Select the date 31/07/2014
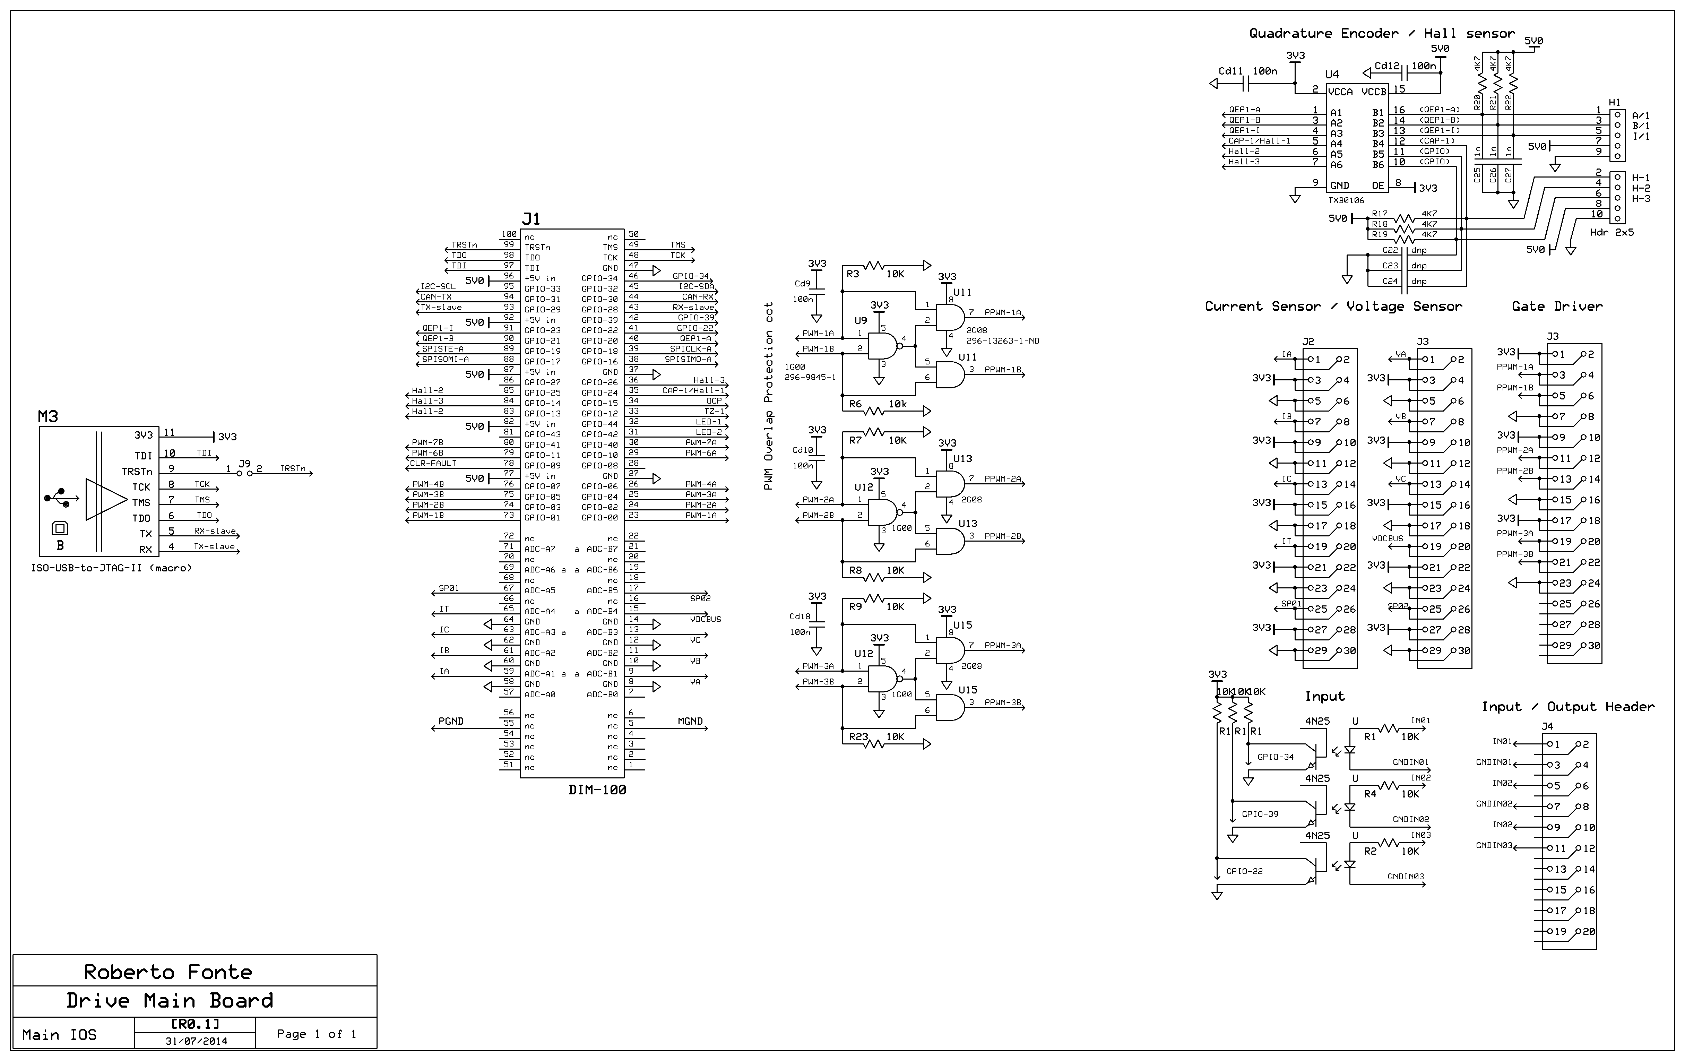point(196,1041)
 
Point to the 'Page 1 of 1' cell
point(316,1034)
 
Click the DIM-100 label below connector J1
point(597,790)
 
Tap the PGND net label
point(451,721)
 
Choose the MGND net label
point(690,721)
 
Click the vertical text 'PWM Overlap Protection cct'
point(768,395)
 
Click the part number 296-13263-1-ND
point(1002,341)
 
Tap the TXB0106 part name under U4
point(1346,200)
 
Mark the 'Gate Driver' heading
point(1557,306)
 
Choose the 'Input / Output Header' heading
point(1567,707)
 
